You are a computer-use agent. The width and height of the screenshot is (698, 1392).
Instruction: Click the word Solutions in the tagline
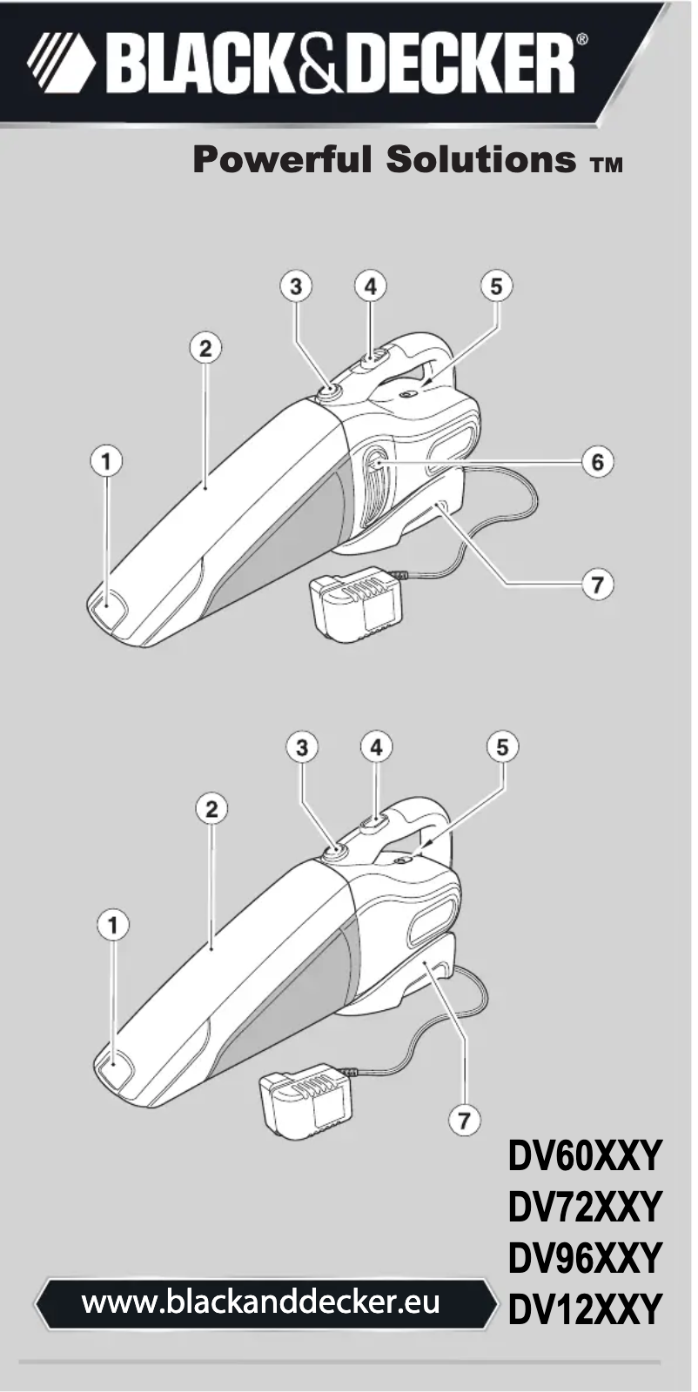click(482, 160)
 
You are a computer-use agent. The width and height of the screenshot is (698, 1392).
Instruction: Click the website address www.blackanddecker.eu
click(260, 1302)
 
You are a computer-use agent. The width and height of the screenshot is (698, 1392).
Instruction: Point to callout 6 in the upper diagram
click(597, 461)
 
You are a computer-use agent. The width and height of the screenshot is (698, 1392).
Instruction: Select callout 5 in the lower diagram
click(502, 746)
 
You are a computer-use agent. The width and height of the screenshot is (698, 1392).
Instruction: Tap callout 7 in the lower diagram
click(465, 1117)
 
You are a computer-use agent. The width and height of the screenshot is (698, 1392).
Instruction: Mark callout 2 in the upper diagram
click(205, 348)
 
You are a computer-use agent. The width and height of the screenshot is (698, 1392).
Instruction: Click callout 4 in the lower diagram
click(376, 746)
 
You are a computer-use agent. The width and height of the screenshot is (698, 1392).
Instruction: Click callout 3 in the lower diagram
click(301, 746)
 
